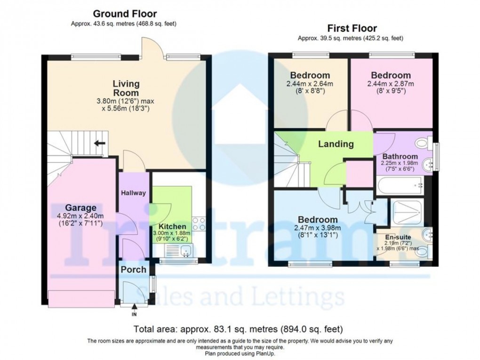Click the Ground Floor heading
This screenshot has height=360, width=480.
click(x=125, y=14)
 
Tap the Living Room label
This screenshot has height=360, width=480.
click(x=126, y=88)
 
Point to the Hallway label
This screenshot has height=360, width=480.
click(x=134, y=193)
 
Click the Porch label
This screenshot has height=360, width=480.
click(x=134, y=270)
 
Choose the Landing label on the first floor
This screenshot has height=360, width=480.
click(x=336, y=144)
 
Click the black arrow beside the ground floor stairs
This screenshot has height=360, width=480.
click(x=99, y=143)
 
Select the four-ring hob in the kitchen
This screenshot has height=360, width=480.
click(x=198, y=224)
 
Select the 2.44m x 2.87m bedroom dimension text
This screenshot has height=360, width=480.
click(x=391, y=84)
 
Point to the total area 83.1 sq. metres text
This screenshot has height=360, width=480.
click(x=239, y=329)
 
